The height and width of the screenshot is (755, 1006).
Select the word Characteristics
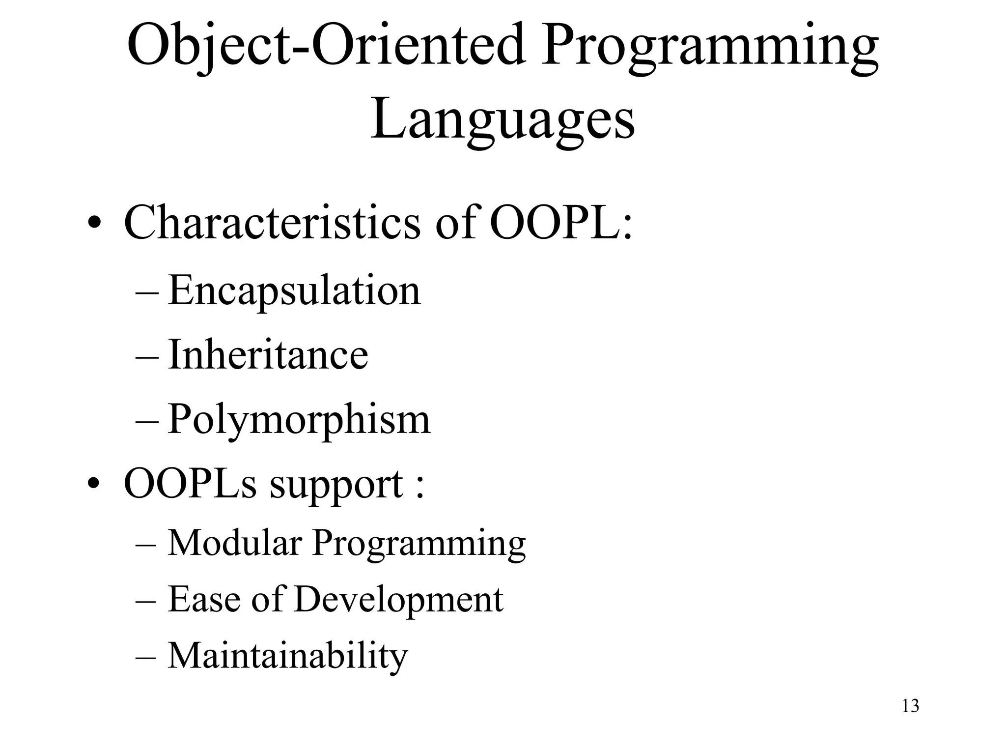pos(272,222)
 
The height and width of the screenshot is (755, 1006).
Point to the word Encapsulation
pos(294,291)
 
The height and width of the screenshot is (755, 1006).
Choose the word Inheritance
pos(268,354)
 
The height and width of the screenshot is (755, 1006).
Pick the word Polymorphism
pos(299,420)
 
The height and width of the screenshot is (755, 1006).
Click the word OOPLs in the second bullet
pos(191,484)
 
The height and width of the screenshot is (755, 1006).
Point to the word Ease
pos(204,599)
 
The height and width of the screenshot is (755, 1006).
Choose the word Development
pos(398,600)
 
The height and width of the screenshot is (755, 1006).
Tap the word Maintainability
pos(288,656)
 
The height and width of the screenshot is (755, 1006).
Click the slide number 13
pos(910,706)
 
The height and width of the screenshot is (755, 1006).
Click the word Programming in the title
pos(709,47)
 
